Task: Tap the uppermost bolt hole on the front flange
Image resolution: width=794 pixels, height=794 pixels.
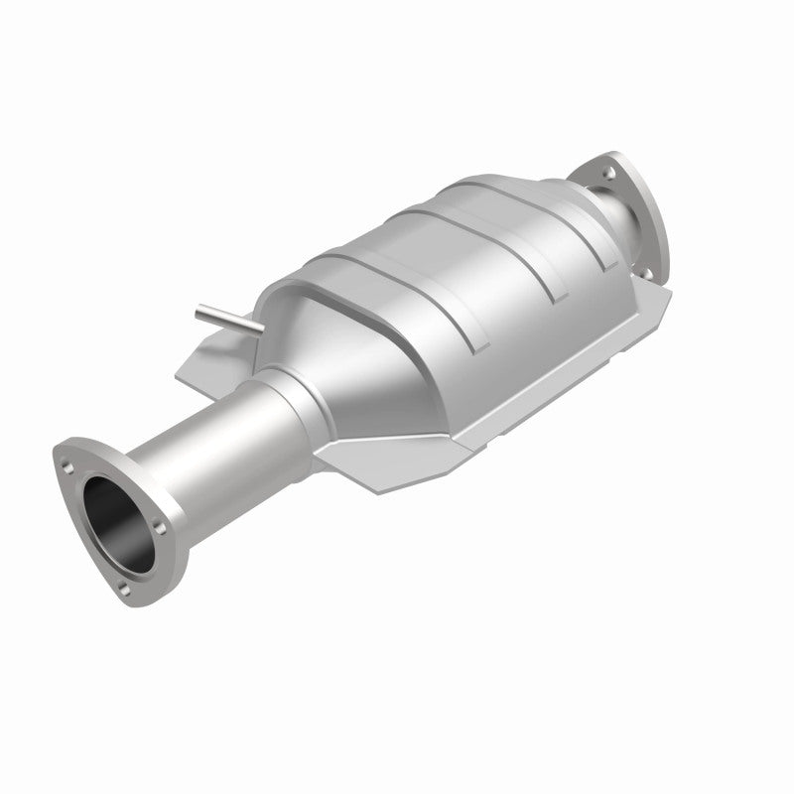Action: (66, 459)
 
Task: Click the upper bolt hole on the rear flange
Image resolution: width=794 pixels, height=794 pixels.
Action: (607, 171)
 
